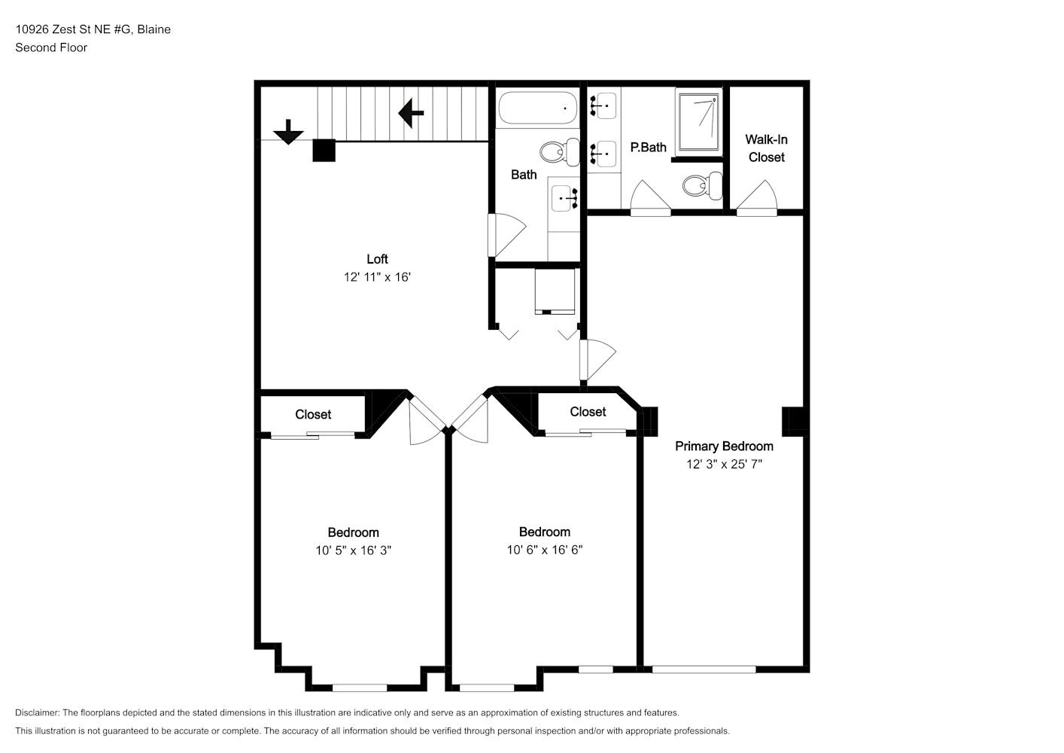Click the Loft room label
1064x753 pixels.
coord(377,259)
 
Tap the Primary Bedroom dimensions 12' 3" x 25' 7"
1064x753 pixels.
coord(724,464)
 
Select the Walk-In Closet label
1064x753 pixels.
coord(766,148)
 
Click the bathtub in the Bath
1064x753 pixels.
coord(537,108)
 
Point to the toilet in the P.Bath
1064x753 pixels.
coord(703,185)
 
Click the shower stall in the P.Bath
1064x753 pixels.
coord(699,122)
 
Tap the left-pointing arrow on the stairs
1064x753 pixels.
coord(411,113)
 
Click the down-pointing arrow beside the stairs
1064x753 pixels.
coord(288,133)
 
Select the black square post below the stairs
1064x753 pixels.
coord(324,150)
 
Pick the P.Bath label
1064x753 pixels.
coord(649,148)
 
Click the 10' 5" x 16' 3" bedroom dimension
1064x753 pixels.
coord(354,550)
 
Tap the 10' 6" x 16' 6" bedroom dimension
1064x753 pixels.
coord(545,550)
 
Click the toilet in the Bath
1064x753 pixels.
coord(560,152)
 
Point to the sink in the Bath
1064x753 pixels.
coord(564,198)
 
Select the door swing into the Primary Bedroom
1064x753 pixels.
coord(597,359)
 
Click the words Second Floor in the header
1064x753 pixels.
coord(51,47)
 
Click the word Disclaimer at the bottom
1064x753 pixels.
coord(38,712)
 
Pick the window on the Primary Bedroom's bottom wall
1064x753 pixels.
coord(704,669)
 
